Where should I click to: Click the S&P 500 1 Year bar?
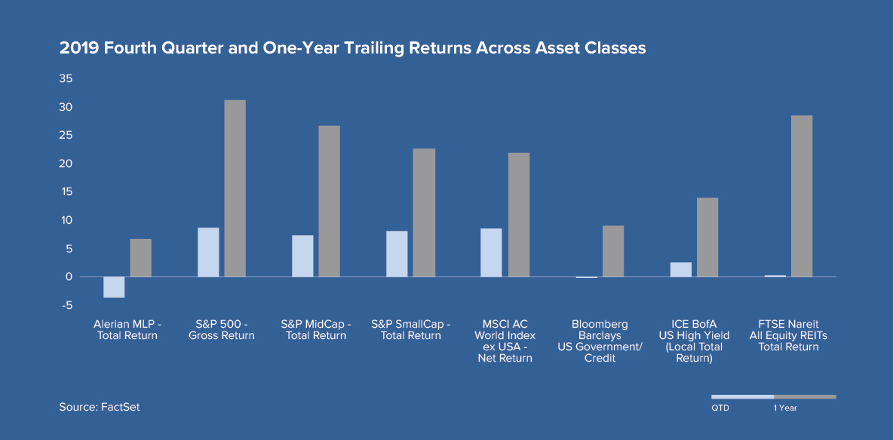(235, 188)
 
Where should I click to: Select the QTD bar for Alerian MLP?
(114, 288)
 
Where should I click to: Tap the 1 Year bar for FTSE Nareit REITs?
(801, 197)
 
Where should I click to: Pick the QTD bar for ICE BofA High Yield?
(680, 270)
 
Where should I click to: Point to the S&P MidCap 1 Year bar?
(329, 201)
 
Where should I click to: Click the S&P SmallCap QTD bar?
(397, 254)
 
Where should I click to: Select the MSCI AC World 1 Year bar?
(518, 215)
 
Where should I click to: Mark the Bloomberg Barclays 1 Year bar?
(612, 251)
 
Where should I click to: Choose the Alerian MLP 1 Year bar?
(141, 258)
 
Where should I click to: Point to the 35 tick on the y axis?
(66, 79)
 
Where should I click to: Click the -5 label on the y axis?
(67, 306)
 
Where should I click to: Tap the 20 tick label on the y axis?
(66, 164)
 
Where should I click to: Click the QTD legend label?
(720, 408)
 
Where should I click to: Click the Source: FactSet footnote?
(99, 407)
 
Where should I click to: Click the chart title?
(352, 49)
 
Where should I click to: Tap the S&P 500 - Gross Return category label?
(222, 330)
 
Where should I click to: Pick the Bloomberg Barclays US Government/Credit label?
(600, 341)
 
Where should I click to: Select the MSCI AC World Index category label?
(505, 341)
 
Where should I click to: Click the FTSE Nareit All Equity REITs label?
(788, 336)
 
